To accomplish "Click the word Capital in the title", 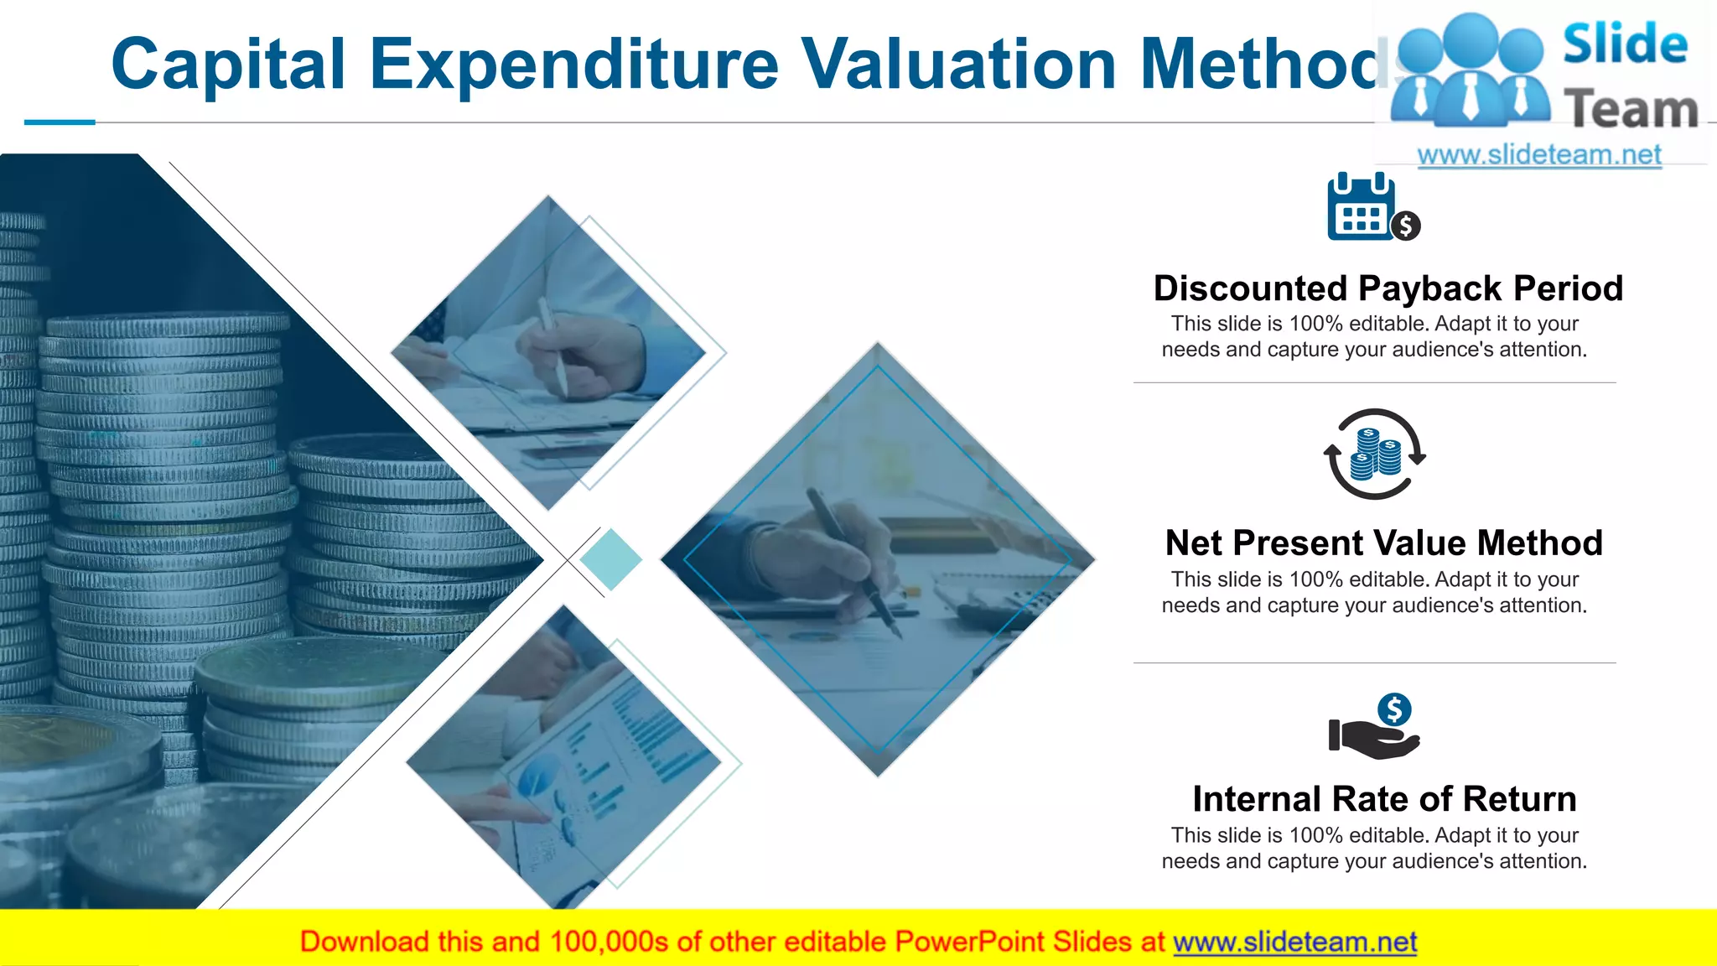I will click(x=228, y=64).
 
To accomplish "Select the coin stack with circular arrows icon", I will click(x=1374, y=454).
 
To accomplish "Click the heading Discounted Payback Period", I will click(x=1388, y=288).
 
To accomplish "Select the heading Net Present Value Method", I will click(x=1384, y=543).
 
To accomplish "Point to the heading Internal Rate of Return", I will click(x=1384, y=798).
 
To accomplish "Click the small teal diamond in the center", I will click(x=610, y=559).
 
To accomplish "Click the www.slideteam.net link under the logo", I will click(x=1539, y=154).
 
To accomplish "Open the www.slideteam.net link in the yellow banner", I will click(x=1294, y=942).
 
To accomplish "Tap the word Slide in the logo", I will click(x=1625, y=44).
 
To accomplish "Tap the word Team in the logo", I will click(x=1631, y=110).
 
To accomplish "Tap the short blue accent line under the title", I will click(x=60, y=122).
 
